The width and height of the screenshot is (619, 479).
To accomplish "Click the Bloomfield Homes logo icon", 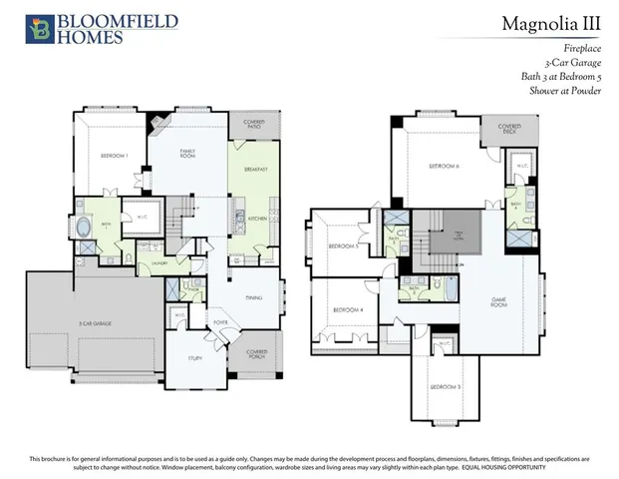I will tap(40, 29).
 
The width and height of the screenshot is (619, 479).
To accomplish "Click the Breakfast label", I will tap(256, 171).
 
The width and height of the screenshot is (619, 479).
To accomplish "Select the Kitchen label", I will tap(253, 217).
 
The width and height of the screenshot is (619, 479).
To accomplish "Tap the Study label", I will tap(196, 357).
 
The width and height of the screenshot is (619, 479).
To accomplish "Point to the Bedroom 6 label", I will tap(443, 165).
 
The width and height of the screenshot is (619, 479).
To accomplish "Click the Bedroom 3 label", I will tap(444, 385).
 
